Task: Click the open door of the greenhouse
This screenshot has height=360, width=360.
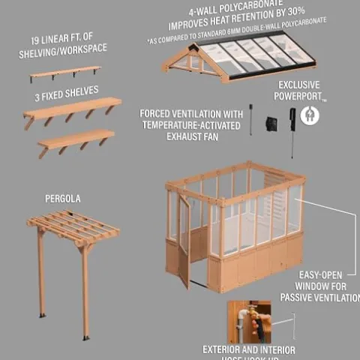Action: point(184,240)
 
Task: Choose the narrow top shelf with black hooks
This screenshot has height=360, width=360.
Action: point(65,73)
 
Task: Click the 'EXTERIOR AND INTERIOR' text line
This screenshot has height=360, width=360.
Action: point(249,349)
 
